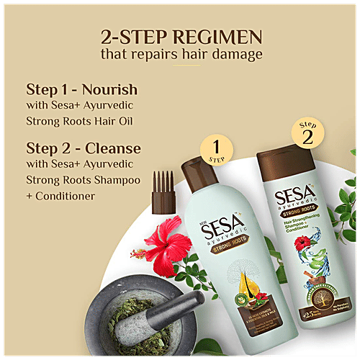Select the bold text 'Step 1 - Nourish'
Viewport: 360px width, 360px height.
(81, 90)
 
